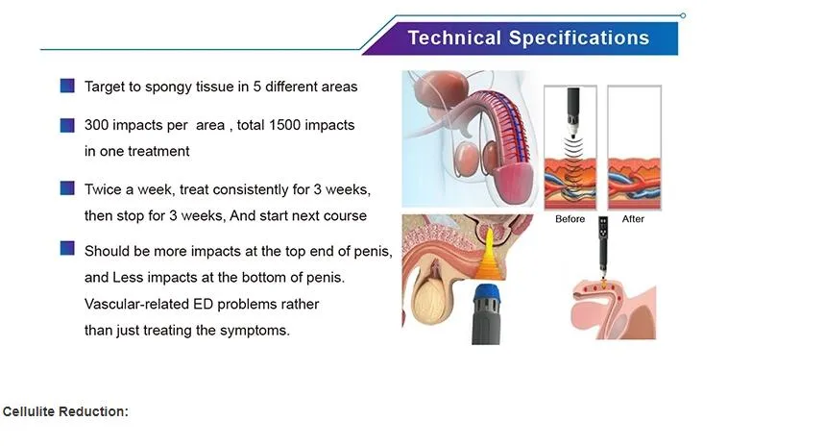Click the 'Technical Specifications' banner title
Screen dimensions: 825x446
tap(528, 37)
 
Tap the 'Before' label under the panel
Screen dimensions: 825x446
tap(570, 219)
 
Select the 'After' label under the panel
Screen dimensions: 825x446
tap(633, 219)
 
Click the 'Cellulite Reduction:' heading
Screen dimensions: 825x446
tap(65, 411)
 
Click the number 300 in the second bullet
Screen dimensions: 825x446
tap(97, 125)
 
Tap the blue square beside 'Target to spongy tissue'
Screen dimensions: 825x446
tap(67, 86)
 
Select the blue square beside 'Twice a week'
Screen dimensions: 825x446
tap(67, 188)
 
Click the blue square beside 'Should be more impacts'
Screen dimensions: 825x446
tap(67, 248)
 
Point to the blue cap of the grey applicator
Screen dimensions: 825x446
tap(487, 294)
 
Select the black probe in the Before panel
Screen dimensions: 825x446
tap(572, 107)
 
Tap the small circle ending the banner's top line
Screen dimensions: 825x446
tap(683, 15)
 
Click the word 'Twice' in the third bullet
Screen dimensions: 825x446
tap(103, 189)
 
